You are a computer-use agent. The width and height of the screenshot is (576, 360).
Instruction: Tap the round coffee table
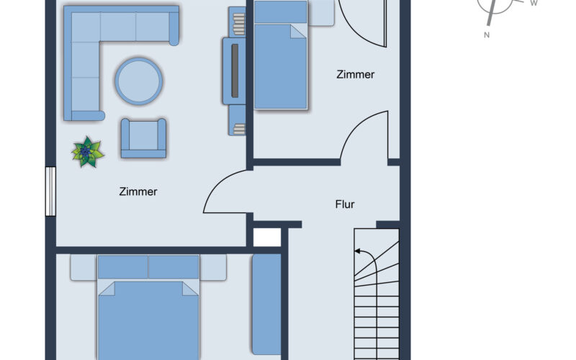[x=139, y=80]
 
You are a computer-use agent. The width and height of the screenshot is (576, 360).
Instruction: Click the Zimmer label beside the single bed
[x=355, y=74]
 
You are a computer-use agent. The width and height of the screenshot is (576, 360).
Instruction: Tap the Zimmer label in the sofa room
[x=138, y=192]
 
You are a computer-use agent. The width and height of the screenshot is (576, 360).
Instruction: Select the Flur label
[x=345, y=204]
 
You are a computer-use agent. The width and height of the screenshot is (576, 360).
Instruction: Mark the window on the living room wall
[x=50, y=191]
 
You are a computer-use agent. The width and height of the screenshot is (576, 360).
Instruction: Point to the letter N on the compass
[x=487, y=35]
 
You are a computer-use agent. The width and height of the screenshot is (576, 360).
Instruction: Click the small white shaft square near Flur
[x=266, y=238]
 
